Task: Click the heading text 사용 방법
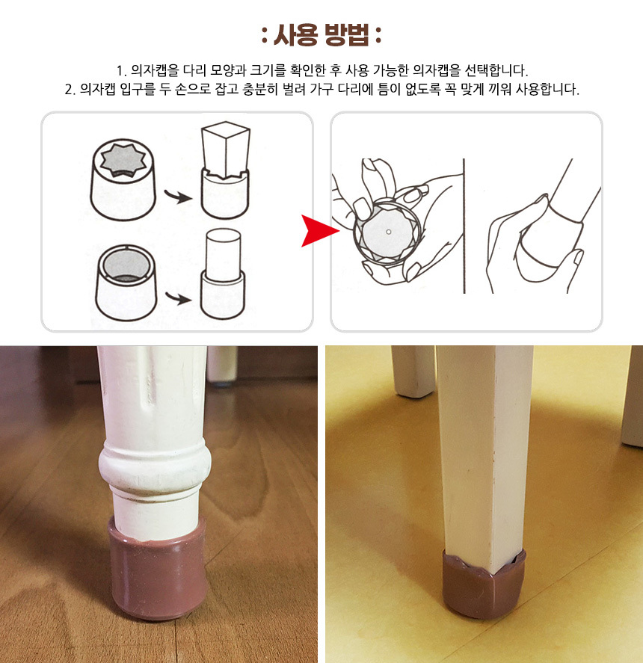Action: [321, 34]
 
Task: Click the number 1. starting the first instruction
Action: [121, 70]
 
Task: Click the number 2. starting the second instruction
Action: [70, 89]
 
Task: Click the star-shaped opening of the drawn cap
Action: [123, 161]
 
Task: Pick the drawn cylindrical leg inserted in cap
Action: [224, 255]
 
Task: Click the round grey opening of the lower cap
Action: [125, 265]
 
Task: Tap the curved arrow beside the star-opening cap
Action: [178, 196]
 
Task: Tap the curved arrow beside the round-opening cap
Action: [178, 298]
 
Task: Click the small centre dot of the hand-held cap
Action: [388, 232]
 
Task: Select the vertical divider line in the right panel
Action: [464, 226]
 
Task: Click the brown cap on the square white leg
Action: [484, 583]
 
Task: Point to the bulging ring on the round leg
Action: [155, 462]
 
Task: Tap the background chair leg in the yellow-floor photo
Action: [413, 371]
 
